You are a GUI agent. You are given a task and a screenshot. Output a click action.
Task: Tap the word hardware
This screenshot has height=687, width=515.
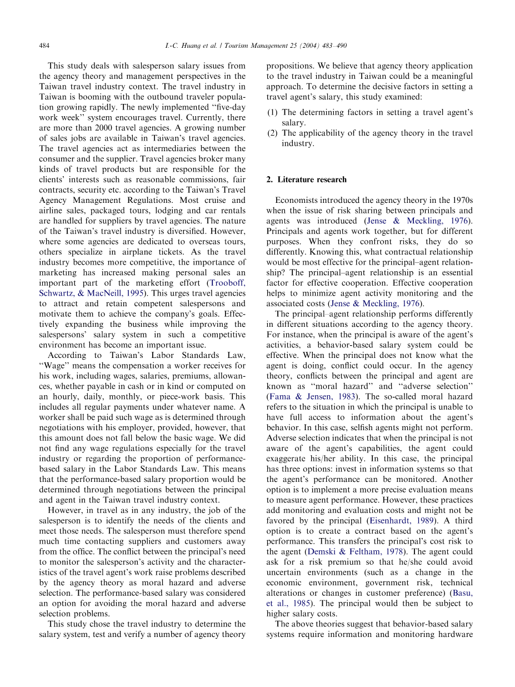pos(454,635)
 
